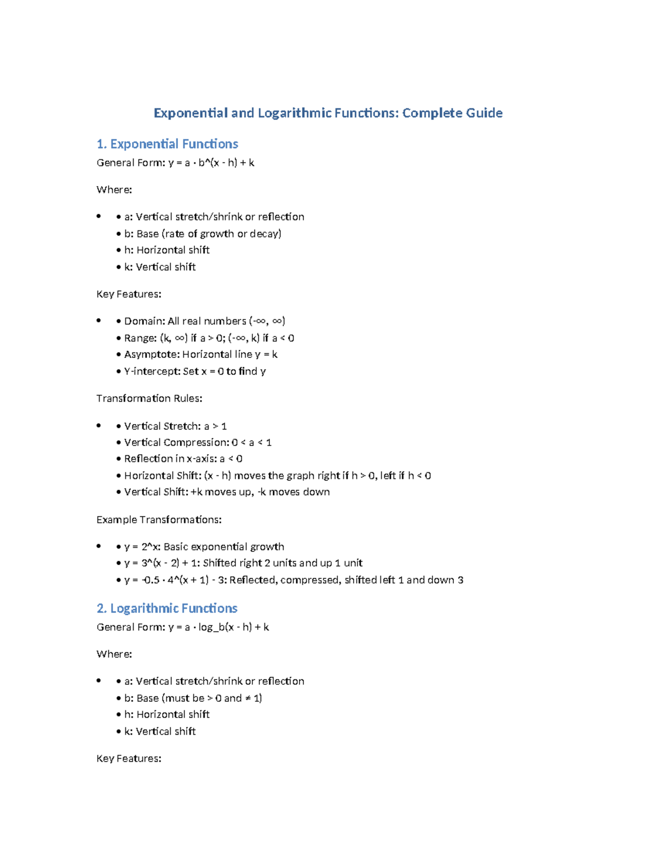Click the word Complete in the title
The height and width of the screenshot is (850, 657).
[432, 113]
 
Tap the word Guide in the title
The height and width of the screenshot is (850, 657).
[484, 113]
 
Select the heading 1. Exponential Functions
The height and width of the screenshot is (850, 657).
[167, 144]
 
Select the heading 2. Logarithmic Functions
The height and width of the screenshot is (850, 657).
[166, 608]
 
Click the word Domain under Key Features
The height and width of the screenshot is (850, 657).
[144, 321]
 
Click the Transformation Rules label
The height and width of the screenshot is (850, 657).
[149, 398]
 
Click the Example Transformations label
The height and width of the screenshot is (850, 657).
[159, 519]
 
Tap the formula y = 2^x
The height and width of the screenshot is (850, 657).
[141, 547]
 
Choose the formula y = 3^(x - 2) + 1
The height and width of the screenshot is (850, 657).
[160, 563]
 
